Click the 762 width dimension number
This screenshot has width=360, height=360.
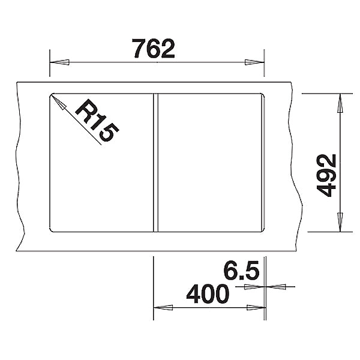(154, 49)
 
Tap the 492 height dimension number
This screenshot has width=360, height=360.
(326, 176)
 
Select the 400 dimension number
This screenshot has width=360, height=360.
(208, 294)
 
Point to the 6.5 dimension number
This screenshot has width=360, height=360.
(241, 271)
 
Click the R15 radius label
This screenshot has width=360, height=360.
(97, 121)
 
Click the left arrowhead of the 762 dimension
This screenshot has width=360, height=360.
(59, 62)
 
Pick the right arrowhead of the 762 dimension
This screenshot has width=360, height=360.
(254, 62)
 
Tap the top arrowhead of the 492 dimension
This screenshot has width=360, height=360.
(340, 103)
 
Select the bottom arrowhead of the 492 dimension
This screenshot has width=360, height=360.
(340, 222)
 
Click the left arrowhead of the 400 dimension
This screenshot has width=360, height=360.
(163, 308)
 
